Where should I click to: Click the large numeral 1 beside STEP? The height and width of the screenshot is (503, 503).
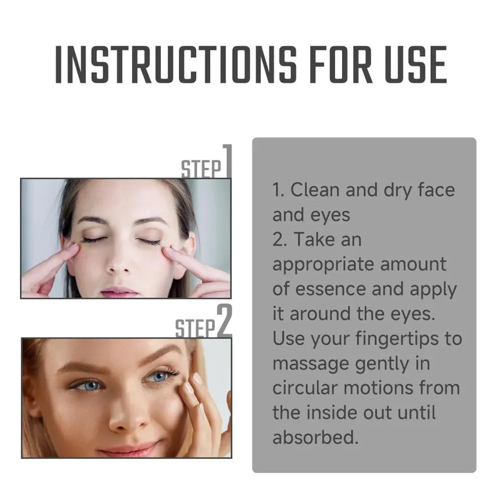tap(227, 161)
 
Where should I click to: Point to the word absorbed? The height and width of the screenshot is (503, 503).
tap(315, 437)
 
